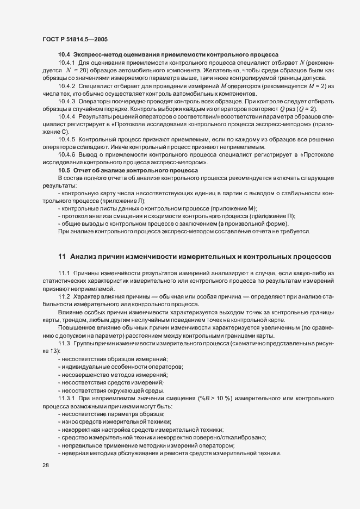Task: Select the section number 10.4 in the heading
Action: pos(64,55)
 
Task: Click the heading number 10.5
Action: pos(64,171)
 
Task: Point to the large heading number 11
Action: pos(62,256)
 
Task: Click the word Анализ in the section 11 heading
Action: pos(85,256)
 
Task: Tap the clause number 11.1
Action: pos(64,272)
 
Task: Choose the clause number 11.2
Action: pos(64,295)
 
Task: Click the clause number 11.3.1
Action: pos(66,399)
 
